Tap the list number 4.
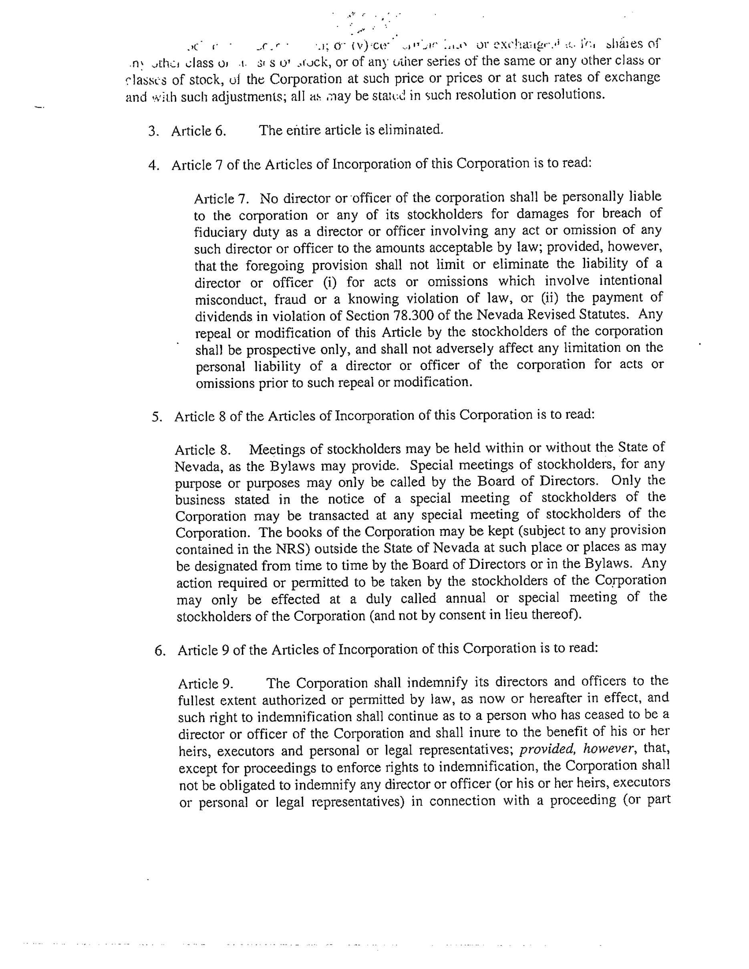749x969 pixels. (154, 165)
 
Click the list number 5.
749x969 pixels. (157, 417)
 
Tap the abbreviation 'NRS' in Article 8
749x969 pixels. (292, 549)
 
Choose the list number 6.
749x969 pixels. (160, 651)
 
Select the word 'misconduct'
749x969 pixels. (230, 299)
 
